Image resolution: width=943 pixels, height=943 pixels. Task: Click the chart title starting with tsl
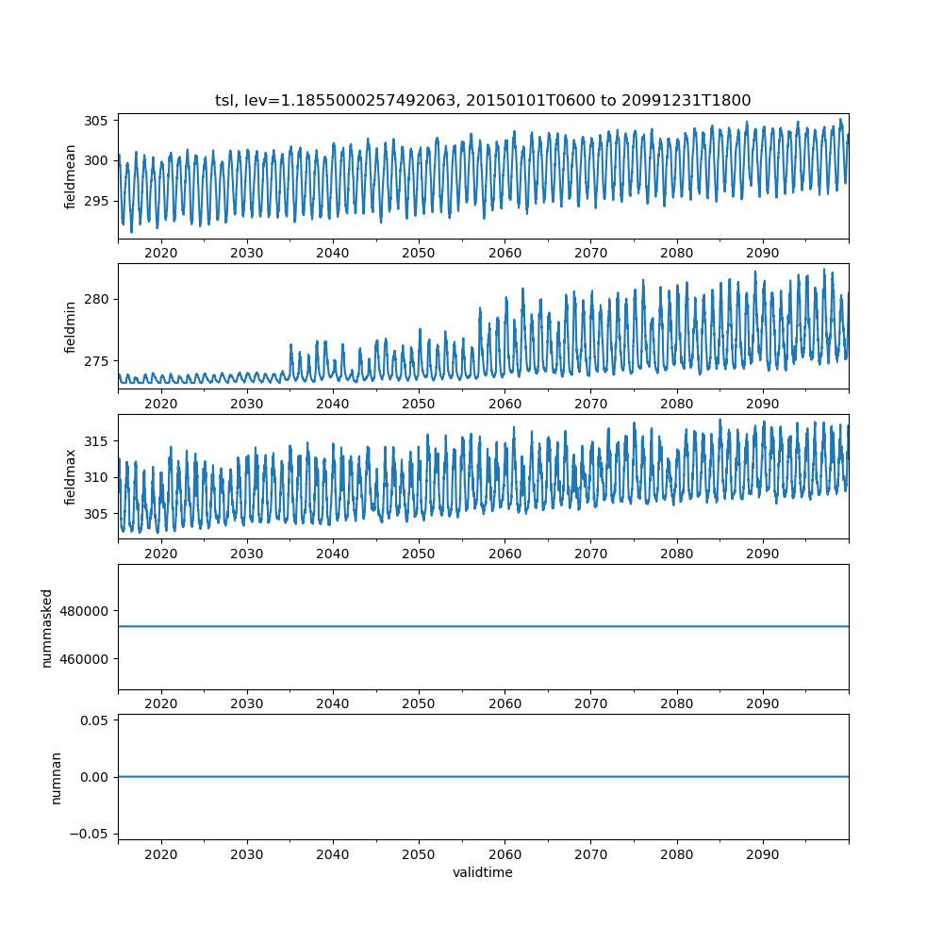[x=483, y=100]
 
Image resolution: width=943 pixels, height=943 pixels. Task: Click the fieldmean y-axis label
[x=71, y=176]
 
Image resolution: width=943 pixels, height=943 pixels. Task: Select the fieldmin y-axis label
[x=71, y=326]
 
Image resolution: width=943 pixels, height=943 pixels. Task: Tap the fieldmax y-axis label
[x=71, y=477]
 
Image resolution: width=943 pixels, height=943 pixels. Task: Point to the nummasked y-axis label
[x=46, y=628]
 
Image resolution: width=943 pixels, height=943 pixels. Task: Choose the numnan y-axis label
[x=57, y=778]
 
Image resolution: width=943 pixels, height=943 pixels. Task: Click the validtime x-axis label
[x=483, y=873]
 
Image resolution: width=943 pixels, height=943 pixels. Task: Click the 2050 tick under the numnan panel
[x=419, y=854]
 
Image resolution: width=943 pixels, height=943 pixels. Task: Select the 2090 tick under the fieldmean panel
[x=763, y=254]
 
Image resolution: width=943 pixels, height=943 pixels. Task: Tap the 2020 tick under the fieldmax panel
[x=161, y=554]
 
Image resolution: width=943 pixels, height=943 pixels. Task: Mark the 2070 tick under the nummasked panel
[x=590, y=704]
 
